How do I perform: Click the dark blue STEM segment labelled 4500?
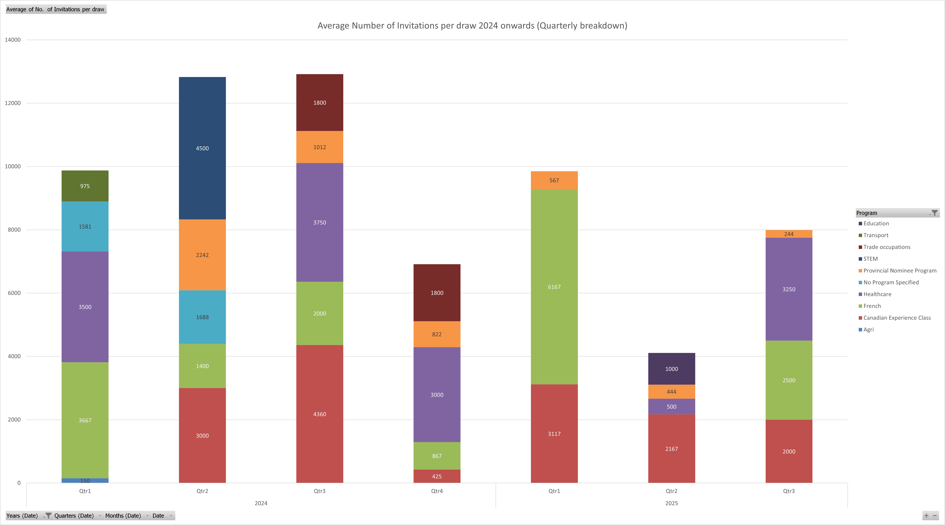(x=202, y=148)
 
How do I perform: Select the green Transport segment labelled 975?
(x=85, y=186)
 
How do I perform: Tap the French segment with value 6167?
(x=554, y=287)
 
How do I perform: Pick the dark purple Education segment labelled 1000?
(x=671, y=369)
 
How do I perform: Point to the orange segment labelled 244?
(x=789, y=234)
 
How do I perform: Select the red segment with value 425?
(x=437, y=476)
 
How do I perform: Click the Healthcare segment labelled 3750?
(x=319, y=222)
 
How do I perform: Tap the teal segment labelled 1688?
(x=202, y=317)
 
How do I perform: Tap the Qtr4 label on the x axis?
(x=437, y=491)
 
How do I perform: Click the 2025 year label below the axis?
(x=671, y=503)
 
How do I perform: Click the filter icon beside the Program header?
(x=934, y=213)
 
